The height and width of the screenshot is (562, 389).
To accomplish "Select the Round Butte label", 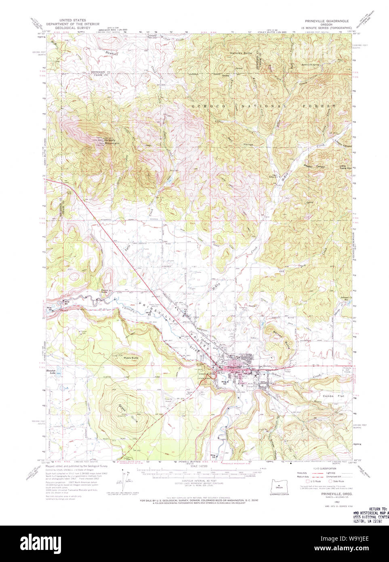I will click(107, 291).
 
